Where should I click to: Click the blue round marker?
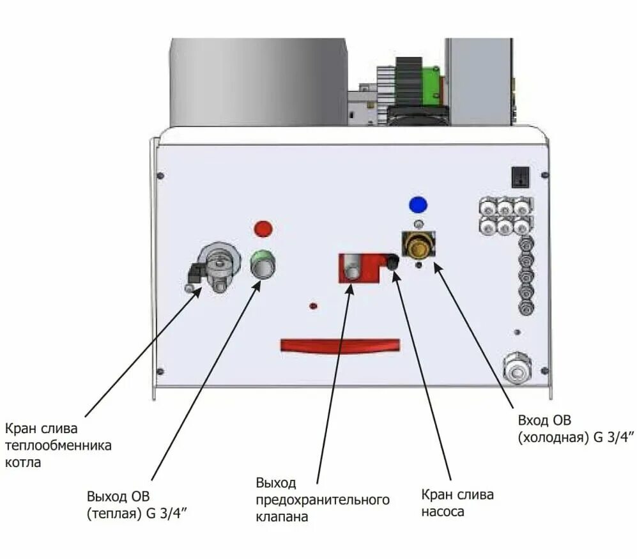418,204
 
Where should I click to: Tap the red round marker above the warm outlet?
263,228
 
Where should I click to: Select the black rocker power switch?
521,176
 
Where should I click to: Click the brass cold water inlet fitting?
418,245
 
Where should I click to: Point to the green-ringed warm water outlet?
261,264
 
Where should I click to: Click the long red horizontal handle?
340,346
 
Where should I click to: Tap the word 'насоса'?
443,512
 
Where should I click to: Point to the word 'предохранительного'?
322,499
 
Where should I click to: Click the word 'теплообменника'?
58,445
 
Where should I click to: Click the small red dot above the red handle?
312,306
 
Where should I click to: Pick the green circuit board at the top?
432,87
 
